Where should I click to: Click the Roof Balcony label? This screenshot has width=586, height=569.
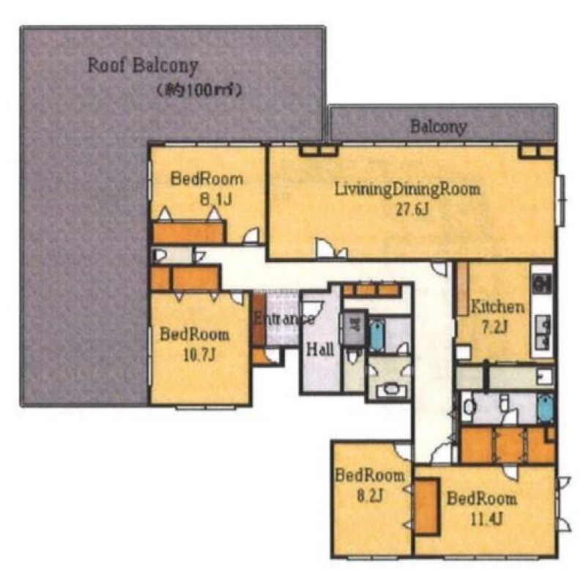point(142,66)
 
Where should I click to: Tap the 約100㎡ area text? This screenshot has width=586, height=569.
point(199,90)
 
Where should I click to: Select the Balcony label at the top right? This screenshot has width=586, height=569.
point(439,127)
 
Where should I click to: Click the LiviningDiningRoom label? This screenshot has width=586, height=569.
point(407,189)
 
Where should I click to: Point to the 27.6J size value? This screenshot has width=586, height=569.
point(412,210)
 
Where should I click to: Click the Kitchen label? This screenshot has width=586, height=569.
point(497,307)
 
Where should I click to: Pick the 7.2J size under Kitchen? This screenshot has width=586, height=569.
point(494,327)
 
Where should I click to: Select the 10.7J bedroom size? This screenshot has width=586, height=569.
point(199,354)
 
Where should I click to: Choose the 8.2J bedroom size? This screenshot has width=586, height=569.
point(369,497)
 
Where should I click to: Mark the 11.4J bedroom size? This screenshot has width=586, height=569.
point(485,518)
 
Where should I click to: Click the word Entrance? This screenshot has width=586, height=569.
point(283,319)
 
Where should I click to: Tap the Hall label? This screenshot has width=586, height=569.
point(320,350)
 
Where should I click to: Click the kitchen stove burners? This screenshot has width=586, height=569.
point(541,284)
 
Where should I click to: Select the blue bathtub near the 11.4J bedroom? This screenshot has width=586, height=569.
point(545,409)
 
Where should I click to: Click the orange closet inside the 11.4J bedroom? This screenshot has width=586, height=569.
point(426,506)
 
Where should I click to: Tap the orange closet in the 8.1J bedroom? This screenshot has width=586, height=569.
point(189,232)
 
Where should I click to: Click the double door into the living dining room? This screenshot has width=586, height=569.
point(332,248)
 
